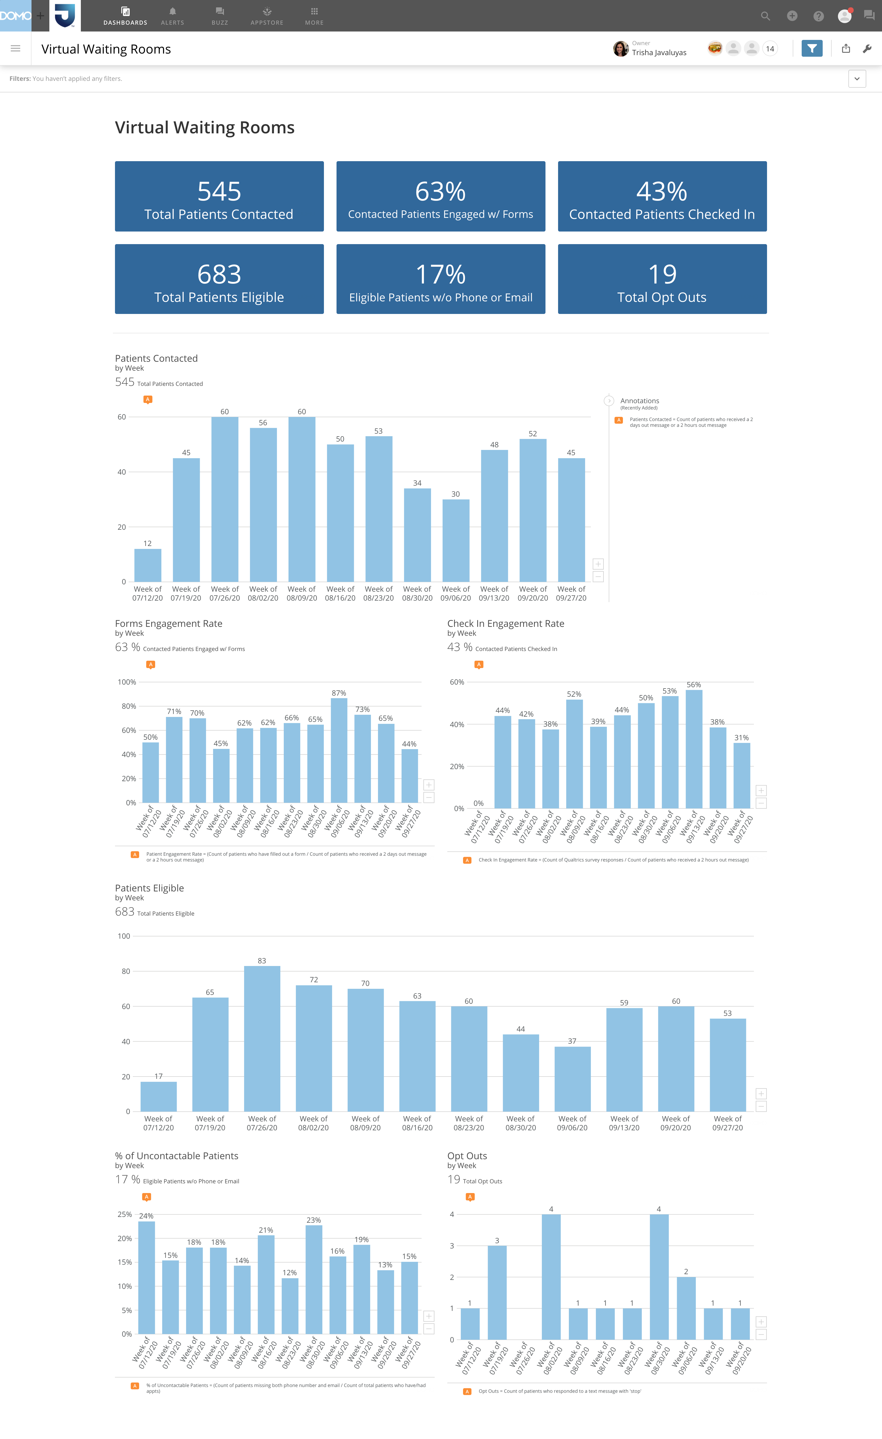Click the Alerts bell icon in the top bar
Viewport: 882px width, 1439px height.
pos(172,12)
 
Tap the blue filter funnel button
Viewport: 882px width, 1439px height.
pos(811,49)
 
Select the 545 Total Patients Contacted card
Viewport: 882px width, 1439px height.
pos(219,196)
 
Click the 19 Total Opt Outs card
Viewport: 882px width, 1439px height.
pos(662,279)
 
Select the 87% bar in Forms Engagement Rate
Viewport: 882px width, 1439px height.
pos(339,750)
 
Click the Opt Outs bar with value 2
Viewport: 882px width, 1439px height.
pos(686,1308)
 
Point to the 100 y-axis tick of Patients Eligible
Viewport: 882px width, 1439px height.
pos(124,936)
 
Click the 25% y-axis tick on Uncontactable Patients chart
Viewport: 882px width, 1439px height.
pos(124,1214)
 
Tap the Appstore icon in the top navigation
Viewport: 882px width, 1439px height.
pos(267,12)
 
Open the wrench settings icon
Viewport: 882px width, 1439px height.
pos(867,49)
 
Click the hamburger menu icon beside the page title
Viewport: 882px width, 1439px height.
pos(16,49)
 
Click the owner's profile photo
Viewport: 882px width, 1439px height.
pos(620,49)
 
